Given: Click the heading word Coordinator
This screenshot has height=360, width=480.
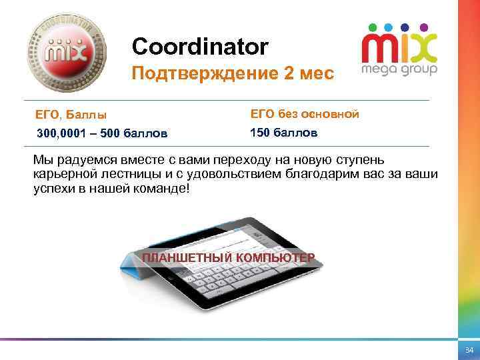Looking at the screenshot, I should coord(200,46).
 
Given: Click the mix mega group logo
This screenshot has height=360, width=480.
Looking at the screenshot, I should coord(399,49).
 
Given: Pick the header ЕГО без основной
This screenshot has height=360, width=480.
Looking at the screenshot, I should coord(305,114).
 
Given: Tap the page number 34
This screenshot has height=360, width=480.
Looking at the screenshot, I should coord(468,350).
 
